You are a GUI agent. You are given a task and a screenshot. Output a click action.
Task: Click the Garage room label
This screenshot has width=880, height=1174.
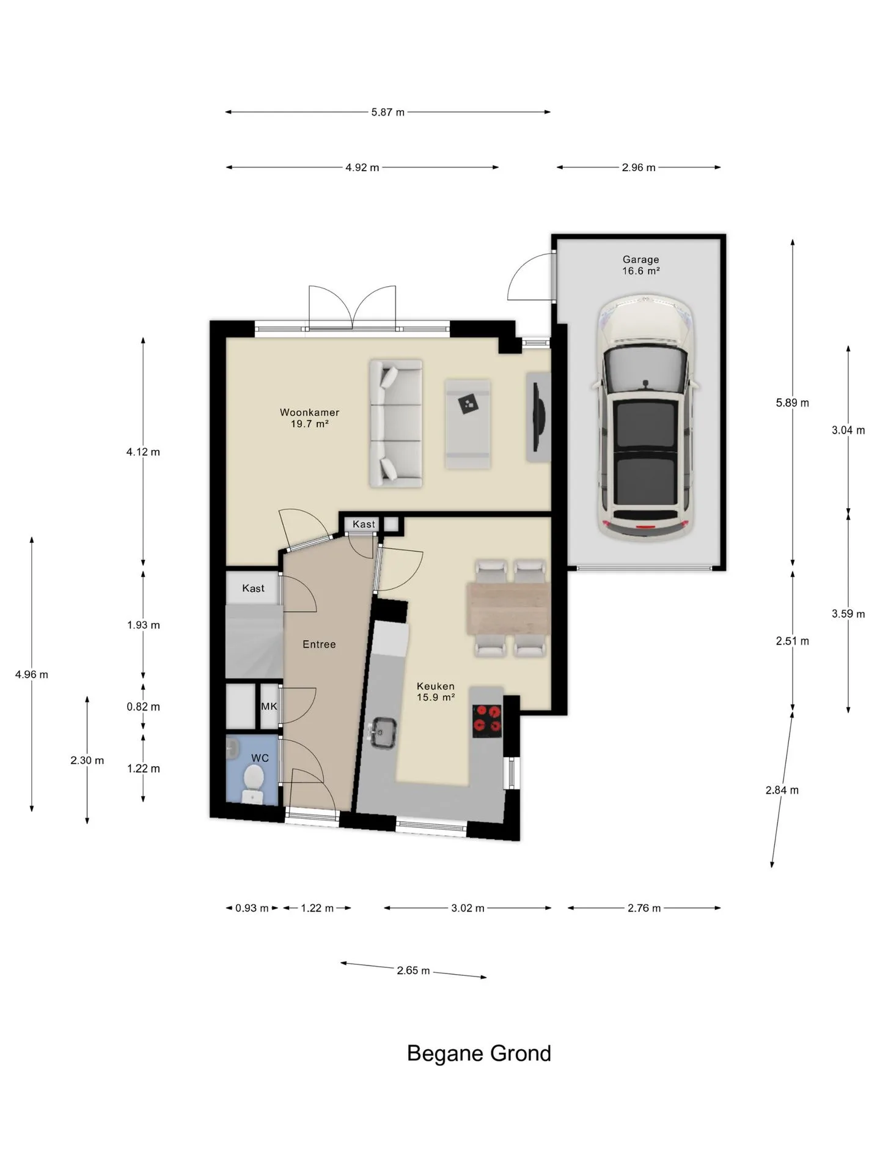[x=640, y=259]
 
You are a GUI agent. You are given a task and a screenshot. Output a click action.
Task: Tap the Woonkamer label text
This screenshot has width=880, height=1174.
[x=309, y=412]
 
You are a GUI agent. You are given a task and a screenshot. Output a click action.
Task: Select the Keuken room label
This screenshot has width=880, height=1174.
[x=436, y=686]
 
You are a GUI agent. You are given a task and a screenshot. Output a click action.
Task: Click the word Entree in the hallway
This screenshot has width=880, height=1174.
[x=319, y=644]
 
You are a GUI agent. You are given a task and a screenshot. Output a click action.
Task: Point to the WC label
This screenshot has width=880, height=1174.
[x=260, y=758]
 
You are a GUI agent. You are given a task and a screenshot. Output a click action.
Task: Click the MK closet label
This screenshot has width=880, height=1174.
[x=269, y=706]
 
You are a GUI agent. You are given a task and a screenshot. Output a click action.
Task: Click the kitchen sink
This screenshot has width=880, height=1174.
[x=383, y=732]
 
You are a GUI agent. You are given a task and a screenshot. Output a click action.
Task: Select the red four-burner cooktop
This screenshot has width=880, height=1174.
[x=487, y=720]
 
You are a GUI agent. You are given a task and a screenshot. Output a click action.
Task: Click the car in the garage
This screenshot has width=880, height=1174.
[x=644, y=418]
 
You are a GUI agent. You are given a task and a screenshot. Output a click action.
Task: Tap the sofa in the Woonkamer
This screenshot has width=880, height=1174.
[x=395, y=424]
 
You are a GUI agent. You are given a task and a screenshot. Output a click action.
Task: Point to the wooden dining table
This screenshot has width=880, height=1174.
[x=508, y=608]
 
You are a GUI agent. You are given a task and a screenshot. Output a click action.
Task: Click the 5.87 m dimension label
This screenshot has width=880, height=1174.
[x=388, y=113]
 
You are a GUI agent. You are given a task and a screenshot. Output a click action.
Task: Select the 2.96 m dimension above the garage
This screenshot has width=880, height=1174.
[x=639, y=168]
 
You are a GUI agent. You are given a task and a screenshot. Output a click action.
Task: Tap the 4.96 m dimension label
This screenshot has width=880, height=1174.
[x=32, y=674]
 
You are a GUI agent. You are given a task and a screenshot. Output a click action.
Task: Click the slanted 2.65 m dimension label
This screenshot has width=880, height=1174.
[x=413, y=970]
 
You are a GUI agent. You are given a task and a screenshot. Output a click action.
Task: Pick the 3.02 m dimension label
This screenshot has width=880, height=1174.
[x=468, y=908]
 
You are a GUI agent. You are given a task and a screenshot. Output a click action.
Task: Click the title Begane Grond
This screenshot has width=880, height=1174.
[x=479, y=1054]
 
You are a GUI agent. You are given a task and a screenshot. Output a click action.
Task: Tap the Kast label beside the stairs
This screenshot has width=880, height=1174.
[x=253, y=588]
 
